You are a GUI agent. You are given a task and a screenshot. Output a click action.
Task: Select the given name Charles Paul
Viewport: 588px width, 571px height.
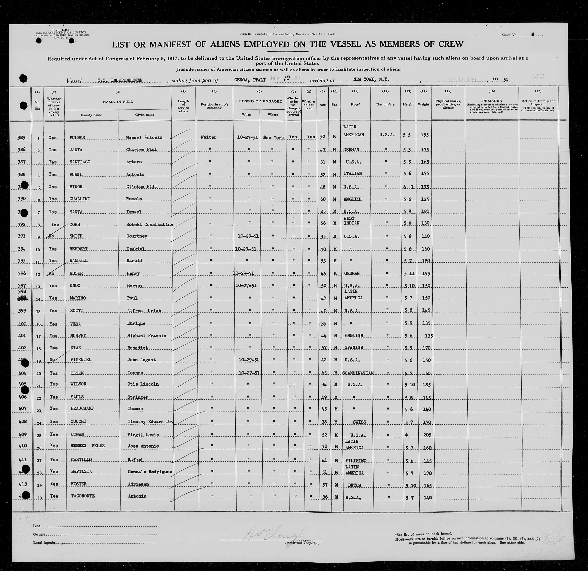click(x=142, y=149)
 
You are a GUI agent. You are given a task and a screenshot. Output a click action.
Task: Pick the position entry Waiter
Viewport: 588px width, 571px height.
click(x=208, y=137)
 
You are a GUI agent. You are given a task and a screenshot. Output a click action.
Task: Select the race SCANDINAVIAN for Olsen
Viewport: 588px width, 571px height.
click(x=358, y=373)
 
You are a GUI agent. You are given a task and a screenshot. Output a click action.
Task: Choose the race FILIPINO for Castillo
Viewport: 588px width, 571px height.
click(x=356, y=461)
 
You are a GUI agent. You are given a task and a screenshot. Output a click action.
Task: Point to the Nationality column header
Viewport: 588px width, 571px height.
click(x=385, y=104)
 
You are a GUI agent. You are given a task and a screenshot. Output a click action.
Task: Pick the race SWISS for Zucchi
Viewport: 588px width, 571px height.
click(x=359, y=422)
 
